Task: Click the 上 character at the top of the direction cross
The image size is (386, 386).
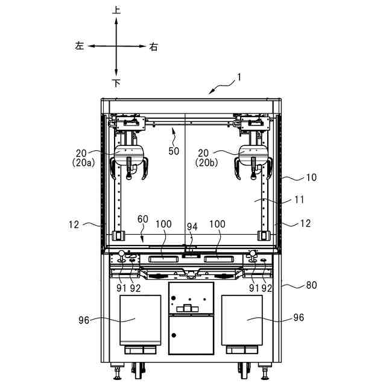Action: [116, 10]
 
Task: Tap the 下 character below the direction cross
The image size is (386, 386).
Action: [116, 83]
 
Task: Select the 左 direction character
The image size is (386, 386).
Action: [80, 46]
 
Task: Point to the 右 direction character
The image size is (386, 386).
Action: [153, 46]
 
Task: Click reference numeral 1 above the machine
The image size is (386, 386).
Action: [238, 77]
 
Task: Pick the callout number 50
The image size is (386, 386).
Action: [174, 151]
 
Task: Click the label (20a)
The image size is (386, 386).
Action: [83, 163]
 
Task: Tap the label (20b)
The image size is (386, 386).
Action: [206, 163]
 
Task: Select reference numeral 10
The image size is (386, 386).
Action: [311, 177]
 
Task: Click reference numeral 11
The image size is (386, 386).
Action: [299, 200]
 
